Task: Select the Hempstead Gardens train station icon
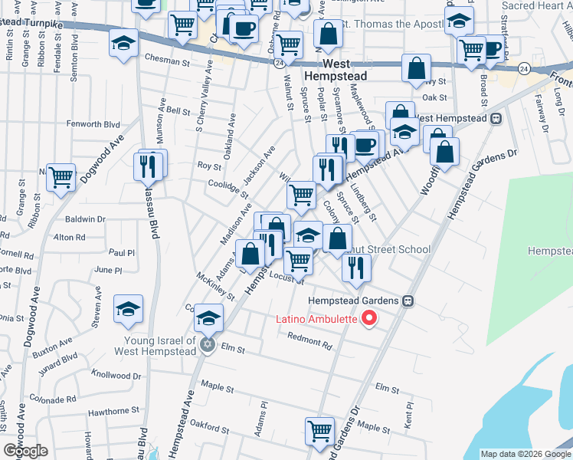(408, 301)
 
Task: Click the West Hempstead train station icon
(496, 119)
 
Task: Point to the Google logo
(25, 451)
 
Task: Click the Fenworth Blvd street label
(93, 123)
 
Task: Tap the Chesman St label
(166, 61)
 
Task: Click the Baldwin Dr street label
(85, 219)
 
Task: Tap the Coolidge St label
(225, 183)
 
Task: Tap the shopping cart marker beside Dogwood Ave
(61, 176)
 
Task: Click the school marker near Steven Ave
(129, 308)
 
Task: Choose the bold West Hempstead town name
(334, 71)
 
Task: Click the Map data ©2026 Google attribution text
(525, 454)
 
